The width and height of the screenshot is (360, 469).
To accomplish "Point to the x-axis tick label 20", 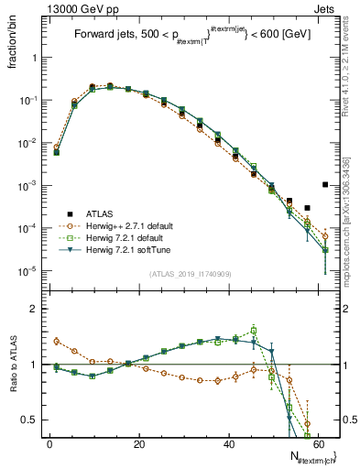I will pos(139,443).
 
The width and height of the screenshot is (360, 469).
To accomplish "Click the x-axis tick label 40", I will pos(229,443).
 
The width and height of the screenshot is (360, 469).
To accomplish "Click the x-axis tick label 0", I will pos(49,443).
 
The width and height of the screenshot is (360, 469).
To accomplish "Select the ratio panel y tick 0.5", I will pos(34,420).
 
